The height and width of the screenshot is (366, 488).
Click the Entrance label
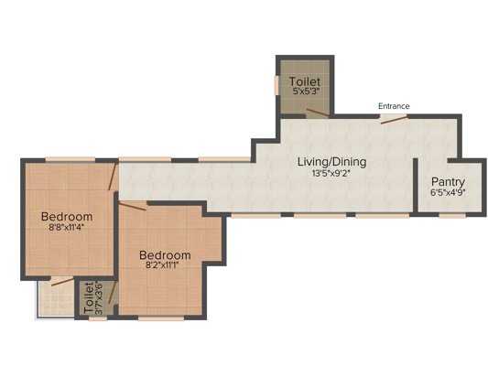click(394, 106)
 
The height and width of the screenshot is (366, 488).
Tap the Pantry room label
click(448, 181)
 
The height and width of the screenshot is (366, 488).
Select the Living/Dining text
click(331, 162)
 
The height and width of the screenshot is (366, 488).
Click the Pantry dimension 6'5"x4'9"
click(448, 193)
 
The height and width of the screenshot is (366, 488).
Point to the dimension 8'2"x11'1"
click(165, 266)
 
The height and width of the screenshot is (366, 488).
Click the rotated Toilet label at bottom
click(88, 298)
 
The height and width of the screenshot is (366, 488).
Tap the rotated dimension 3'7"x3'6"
click(100, 298)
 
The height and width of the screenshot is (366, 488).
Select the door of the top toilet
click(317, 113)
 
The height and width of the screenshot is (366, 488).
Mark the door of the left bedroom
click(112, 177)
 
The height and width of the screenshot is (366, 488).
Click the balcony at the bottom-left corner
click(53, 297)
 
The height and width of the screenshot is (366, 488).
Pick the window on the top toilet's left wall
click(277, 84)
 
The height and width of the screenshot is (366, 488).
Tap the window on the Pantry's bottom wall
click(448, 216)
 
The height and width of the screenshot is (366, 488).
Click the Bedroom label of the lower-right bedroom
click(165, 254)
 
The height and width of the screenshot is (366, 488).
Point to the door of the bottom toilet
click(110, 295)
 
